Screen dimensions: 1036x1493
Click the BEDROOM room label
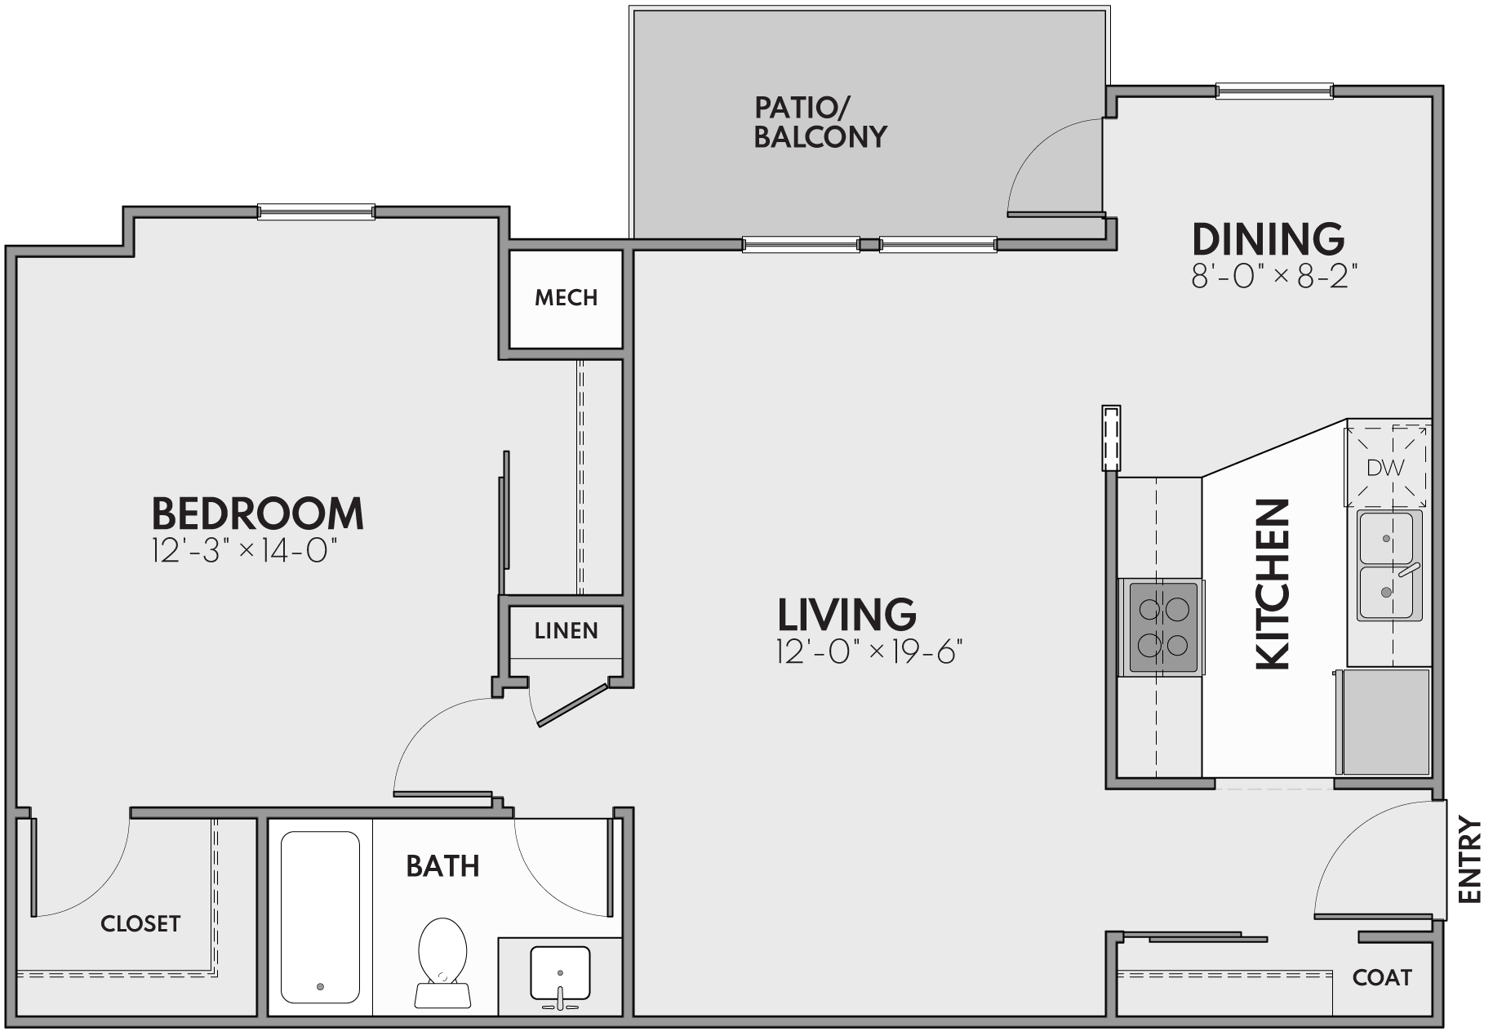pyautogui.click(x=257, y=514)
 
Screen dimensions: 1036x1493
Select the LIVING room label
pyautogui.click(x=846, y=615)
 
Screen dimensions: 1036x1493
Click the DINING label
pyautogui.click(x=1268, y=239)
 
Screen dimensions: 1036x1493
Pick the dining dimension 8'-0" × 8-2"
pyautogui.click(x=1274, y=278)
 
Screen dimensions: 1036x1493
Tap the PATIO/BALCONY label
pyautogui.click(x=820, y=122)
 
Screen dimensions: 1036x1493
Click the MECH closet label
pyautogui.click(x=566, y=298)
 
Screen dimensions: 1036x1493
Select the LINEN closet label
pyautogui.click(x=566, y=631)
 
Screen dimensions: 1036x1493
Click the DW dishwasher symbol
pyautogui.click(x=1386, y=468)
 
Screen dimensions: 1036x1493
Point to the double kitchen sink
pyautogui.click(x=1389, y=565)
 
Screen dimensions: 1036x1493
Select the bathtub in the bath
pyautogui.click(x=320, y=916)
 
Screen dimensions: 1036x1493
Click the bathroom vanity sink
pyautogui.click(x=560, y=973)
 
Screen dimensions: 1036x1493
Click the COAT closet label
pyautogui.click(x=1381, y=977)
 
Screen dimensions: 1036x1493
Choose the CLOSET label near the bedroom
pyautogui.click(x=140, y=923)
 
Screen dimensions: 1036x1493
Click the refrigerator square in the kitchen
pyautogui.click(x=1386, y=722)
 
